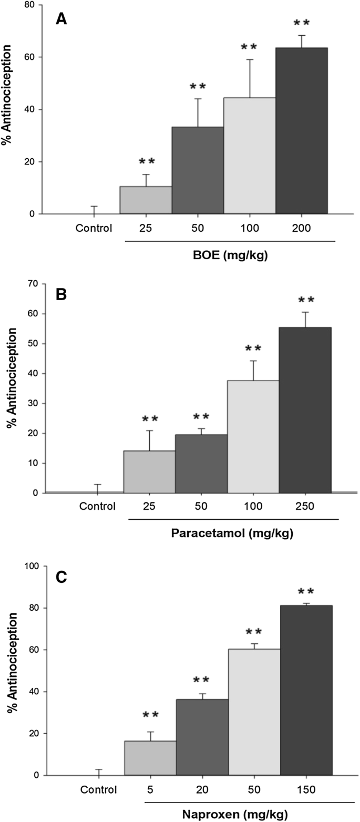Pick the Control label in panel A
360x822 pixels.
click(x=94, y=229)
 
